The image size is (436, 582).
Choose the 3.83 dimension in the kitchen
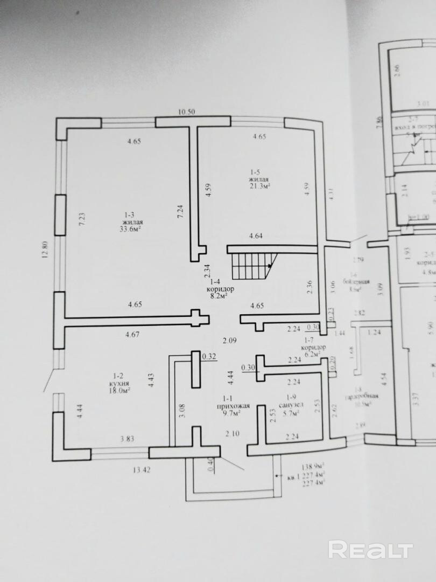click(x=127, y=439)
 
